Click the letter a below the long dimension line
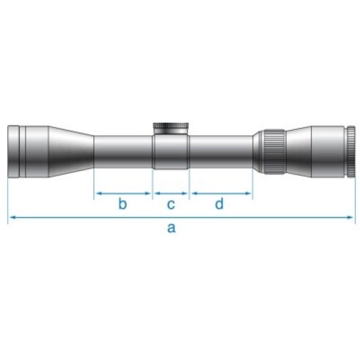172,228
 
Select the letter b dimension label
123,204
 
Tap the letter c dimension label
170,204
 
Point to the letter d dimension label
219,204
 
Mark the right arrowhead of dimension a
355,217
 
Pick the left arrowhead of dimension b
98,193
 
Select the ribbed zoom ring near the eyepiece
271,153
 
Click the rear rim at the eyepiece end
352,152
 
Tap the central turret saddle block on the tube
171,152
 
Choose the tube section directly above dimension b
124,152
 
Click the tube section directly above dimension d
221,152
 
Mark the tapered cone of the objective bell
66,152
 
